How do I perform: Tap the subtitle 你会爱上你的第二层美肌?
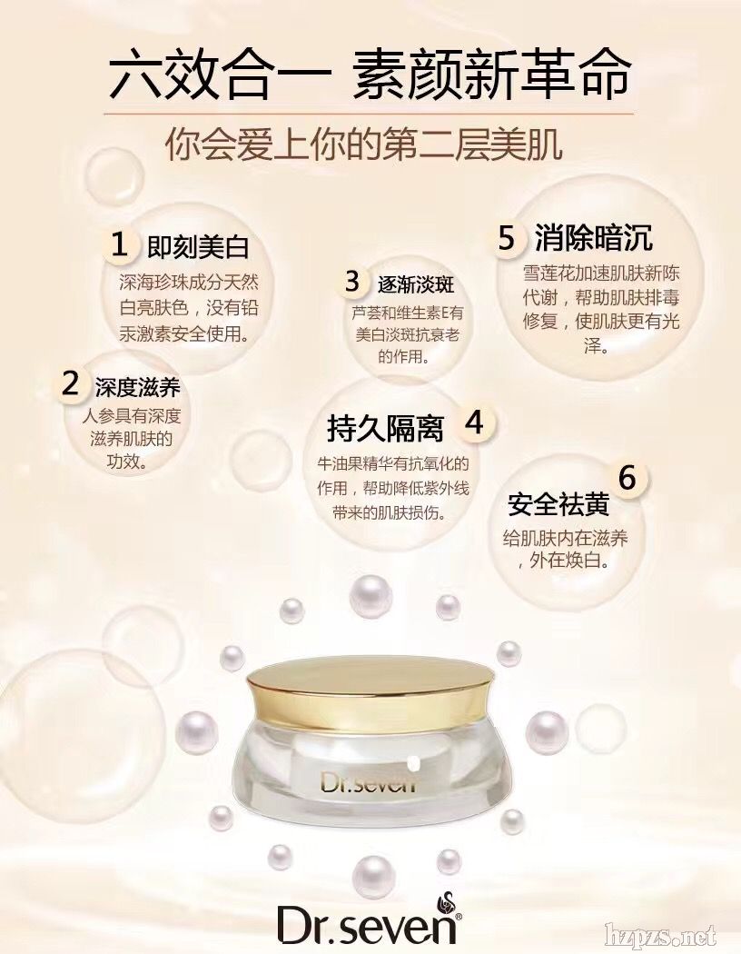pos(364,144)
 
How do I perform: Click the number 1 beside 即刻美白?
pos(120,245)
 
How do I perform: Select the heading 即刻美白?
pos(198,247)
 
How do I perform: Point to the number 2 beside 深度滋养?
pos(71,383)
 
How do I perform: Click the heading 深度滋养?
pos(138,387)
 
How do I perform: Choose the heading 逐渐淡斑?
pos(417,284)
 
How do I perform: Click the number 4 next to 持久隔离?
pos(474,422)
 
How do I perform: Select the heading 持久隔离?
pos(385,428)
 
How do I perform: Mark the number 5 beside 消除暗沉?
pos(507,238)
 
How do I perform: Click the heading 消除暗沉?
pos(594,237)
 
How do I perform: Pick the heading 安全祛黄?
pos(558,504)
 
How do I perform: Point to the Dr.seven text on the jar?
pos(368,781)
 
